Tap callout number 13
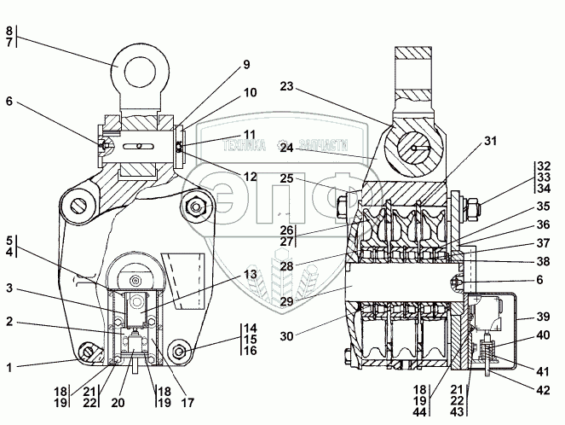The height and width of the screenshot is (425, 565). click(x=248, y=274)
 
